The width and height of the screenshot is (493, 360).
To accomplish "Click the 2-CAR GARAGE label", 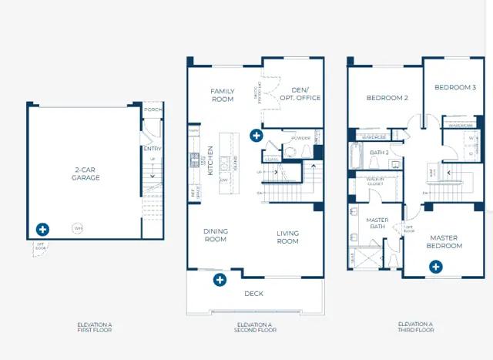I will tap(87, 173).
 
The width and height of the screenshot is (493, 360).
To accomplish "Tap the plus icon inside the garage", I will tap(43, 230).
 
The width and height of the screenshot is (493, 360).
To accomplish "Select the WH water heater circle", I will tap(78, 227).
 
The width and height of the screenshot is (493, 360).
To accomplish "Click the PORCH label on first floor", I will tap(153, 109).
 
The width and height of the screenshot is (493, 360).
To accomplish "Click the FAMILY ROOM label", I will tap(223, 95).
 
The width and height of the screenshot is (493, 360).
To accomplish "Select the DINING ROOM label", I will tap(216, 235).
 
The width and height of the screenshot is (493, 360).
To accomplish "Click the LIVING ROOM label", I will tap(287, 237).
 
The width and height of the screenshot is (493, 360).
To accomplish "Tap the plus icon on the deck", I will tap(220, 280).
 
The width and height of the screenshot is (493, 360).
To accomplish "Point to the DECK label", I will tap(253, 293).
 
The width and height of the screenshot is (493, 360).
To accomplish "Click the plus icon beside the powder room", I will tap(257, 136).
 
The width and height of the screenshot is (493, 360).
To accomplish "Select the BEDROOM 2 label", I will tap(387, 98).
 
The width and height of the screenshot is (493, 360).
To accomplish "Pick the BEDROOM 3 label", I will tap(454, 87).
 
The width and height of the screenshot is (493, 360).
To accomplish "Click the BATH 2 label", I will tap(378, 153).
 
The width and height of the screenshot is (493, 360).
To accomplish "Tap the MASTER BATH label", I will tap(377, 223).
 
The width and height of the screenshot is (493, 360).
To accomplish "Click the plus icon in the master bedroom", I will tap(436, 267).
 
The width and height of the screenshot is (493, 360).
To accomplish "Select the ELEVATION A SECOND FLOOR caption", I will tap(253, 327).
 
